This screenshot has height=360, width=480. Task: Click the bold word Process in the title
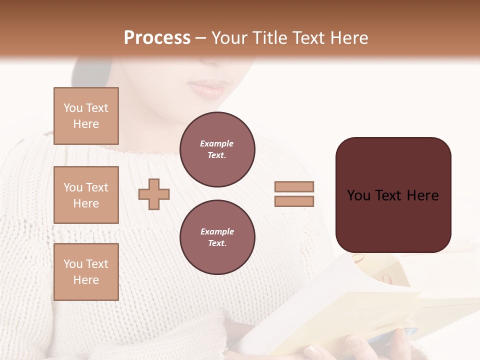click(x=157, y=38)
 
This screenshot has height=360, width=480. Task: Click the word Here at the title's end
click(x=348, y=38)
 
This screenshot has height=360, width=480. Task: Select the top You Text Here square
click(x=86, y=116)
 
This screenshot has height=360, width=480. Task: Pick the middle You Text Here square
click(x=86, y=195)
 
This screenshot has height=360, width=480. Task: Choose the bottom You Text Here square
click(x=86, y=272)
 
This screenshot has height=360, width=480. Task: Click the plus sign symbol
click(x=154, y=194)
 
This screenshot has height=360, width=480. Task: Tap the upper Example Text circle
click(x=217, y=149)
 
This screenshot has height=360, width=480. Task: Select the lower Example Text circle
click(x=217, y=237)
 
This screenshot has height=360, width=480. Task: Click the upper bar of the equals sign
click(x=294, y=187)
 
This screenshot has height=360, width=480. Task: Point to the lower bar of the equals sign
click(x=294, y=201)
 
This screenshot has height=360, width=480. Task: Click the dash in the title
click(x=201, y=38)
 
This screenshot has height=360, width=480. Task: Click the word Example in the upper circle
click(x=216, y=143)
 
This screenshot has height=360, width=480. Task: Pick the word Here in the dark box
click(x=422, y=195)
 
